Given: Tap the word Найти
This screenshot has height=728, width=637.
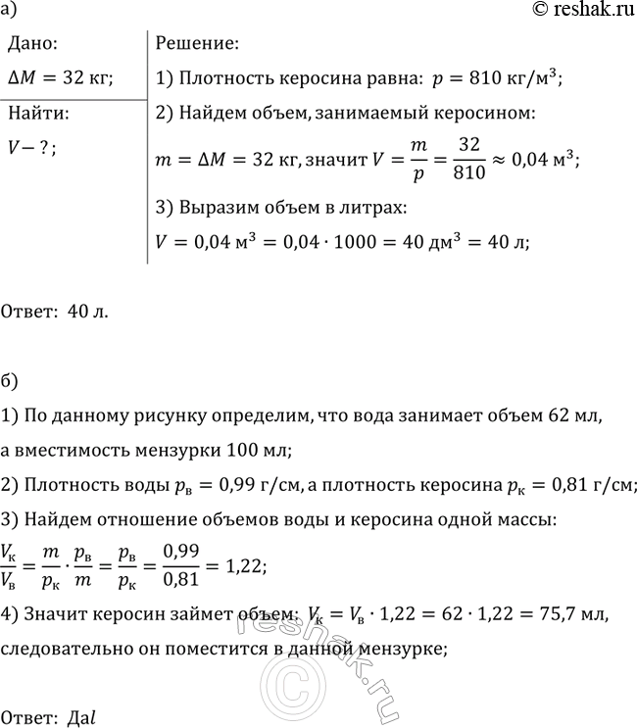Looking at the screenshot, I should click(x=36, y=113).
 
